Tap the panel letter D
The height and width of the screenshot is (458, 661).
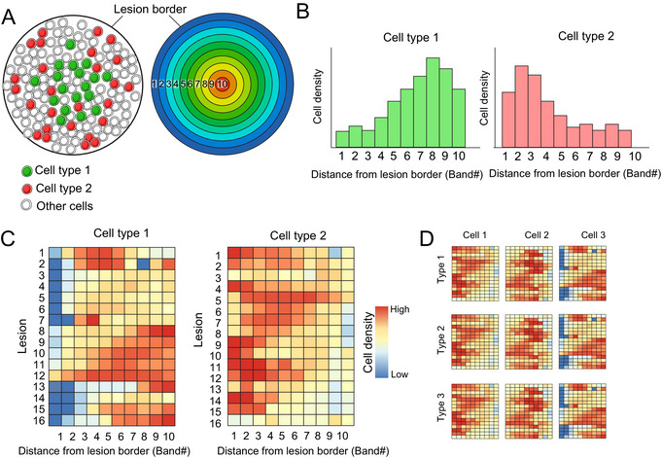click(427, 238)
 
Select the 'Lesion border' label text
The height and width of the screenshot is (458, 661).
click(150, 9)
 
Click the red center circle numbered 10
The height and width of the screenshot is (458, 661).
click(222, 84)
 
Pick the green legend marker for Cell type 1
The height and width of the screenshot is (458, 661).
click(27, 171)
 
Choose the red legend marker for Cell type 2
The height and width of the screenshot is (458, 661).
click(27, 189)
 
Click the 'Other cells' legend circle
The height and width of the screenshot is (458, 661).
click(27, 206)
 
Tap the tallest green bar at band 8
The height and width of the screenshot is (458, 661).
click(433, 102)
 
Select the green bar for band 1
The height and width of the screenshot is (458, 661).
click(342, 139)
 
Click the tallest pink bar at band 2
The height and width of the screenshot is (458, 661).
click(521, 106)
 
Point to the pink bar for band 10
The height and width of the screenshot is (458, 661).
click(625, 139)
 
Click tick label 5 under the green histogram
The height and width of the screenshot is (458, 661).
click(394, 156)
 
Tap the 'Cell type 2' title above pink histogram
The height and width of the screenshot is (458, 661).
click(586, 36)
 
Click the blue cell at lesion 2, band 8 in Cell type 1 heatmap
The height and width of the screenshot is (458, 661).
click(143, 264)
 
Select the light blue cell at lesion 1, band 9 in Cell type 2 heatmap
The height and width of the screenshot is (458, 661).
click(335, 253)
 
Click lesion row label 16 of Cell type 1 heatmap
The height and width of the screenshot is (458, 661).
click(39, 420)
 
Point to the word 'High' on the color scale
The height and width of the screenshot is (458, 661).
click(400, 309)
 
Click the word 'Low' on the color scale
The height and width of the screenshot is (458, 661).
click(400, 374)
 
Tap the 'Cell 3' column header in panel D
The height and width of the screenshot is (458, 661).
click(593, 235)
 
